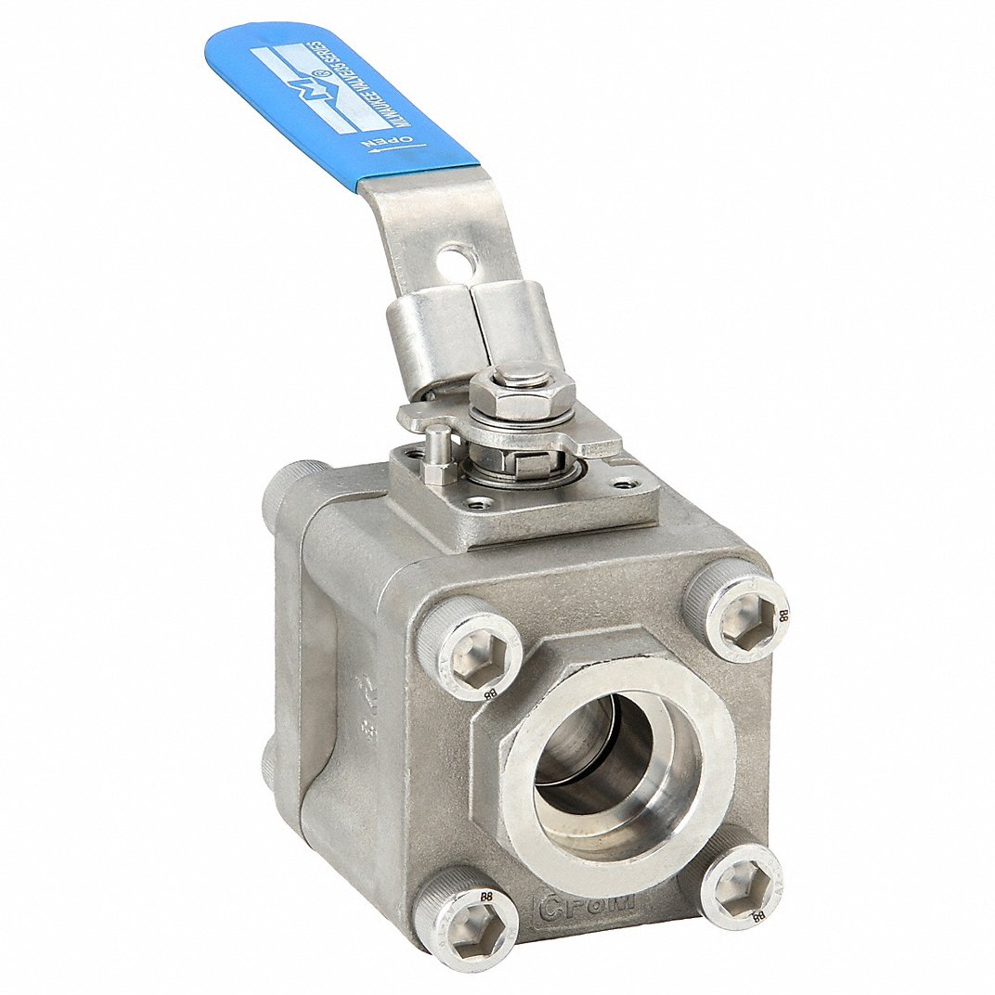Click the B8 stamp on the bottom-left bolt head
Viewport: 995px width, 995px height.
(486, 897)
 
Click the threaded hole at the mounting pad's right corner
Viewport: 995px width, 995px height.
(633, 484)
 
